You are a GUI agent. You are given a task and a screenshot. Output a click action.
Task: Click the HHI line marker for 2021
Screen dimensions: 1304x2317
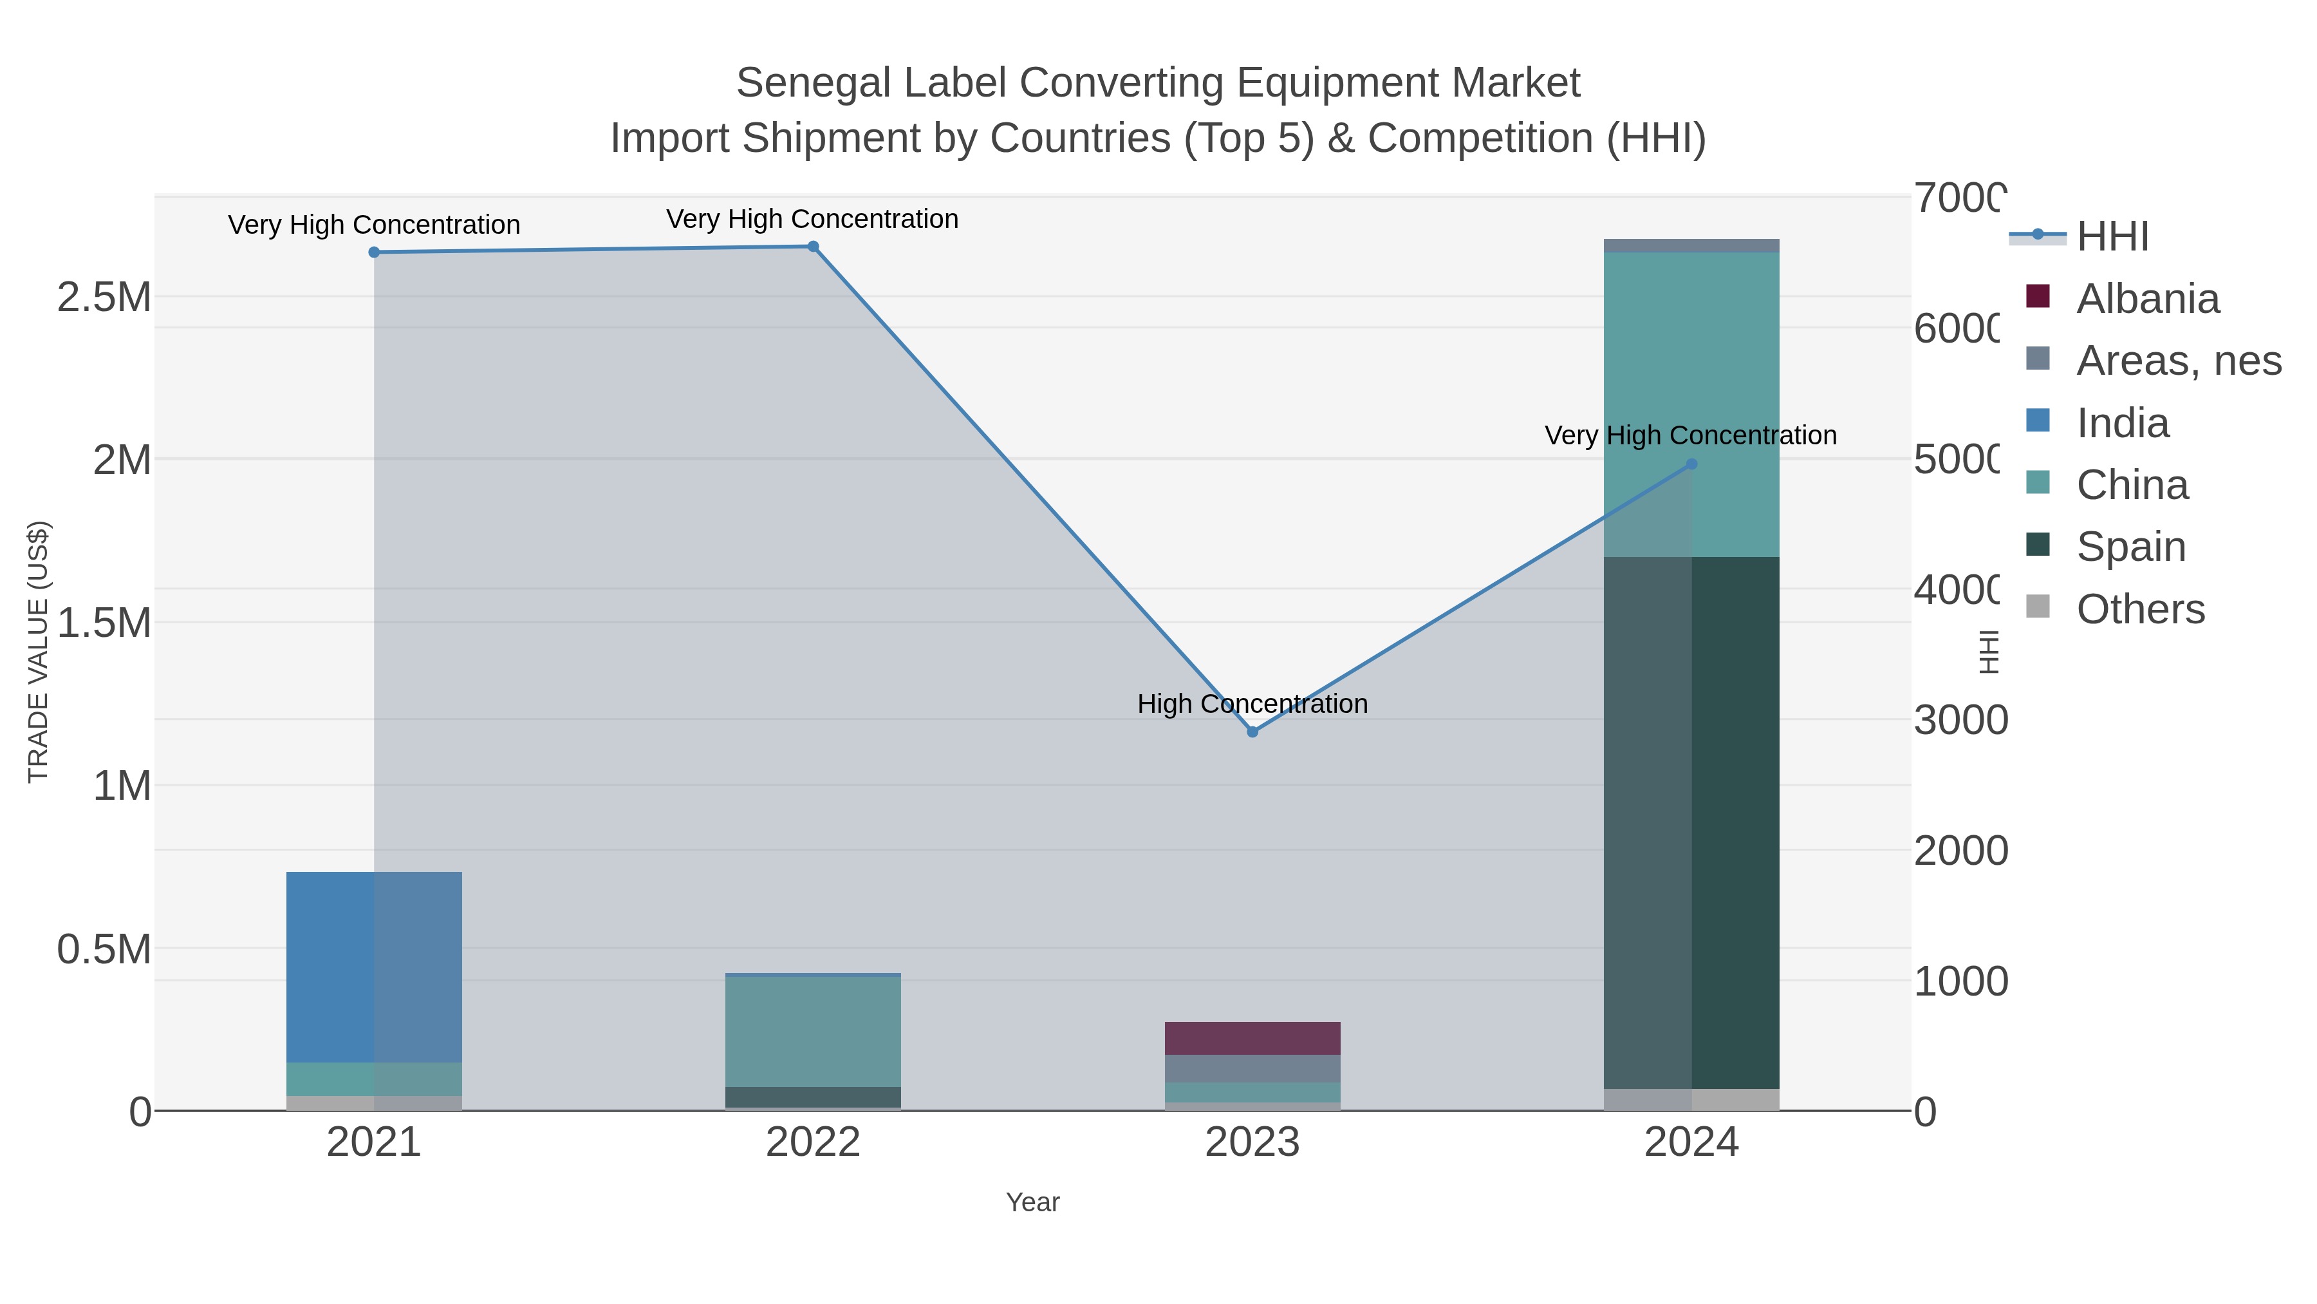(x=374, y=252)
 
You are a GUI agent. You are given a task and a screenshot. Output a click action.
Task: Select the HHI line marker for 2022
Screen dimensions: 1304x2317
(x=813, y=247)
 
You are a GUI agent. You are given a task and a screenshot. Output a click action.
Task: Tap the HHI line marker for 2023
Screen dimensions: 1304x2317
(x=1252, y=732)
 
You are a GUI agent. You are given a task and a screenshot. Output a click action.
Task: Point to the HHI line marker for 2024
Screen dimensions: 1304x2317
(x=1691, y=464)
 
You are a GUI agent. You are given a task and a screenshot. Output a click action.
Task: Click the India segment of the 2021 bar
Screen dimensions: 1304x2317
(x=374, y=967)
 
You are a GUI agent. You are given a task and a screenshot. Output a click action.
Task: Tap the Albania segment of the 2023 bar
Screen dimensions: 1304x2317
(x=1252, y=1037)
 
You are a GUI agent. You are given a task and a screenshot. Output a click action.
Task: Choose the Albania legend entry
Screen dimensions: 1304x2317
(x=2148, y=299)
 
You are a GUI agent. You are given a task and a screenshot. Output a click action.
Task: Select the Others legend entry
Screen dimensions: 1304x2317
(x=2141, y=609)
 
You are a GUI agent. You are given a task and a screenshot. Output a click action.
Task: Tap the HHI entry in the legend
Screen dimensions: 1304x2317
(x=2112, y=237)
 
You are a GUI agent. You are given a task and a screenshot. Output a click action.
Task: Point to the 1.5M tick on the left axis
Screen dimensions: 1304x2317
(x=104, y=623)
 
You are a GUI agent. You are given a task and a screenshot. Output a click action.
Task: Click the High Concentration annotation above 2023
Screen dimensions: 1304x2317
(x=1252, y=704)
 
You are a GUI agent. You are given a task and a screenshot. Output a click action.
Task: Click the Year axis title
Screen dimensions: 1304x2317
(x=1032, y=1202)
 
